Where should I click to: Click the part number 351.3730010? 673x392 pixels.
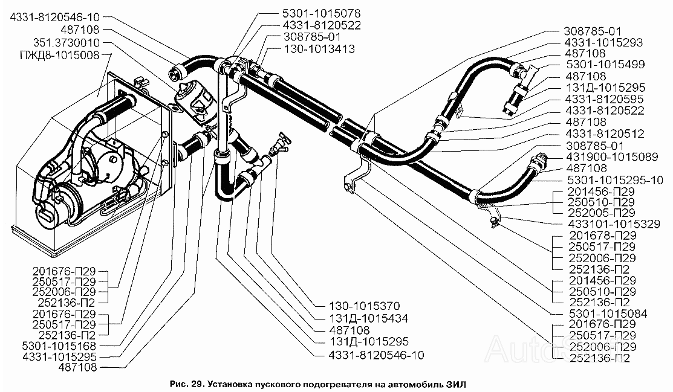click(x=66, y=43)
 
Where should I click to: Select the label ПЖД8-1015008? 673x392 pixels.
click(x=60, y=56)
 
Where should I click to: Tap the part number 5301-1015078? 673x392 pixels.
click(x=322, y=14)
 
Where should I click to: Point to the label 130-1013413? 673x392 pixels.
click(x=319, y=49)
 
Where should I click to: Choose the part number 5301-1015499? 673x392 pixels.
click(x=606, y=65)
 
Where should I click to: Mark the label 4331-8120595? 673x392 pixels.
click(x=605, y=99)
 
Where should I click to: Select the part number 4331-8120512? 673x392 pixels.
click(x=605, y=134)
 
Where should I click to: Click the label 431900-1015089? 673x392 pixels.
click(x=611, y=157)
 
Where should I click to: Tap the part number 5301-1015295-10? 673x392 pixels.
click(x=614, y=180)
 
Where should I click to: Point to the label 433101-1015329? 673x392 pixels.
click(x=614, y=224)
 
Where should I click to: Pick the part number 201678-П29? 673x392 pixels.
click(x=603, y=236)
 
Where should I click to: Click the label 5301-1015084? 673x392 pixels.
click(x=608, y=313)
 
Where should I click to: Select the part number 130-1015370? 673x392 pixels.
click(x=364, y=306)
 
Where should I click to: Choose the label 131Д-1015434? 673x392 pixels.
click(x=368, y=319)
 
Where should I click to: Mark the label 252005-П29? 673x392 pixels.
click(x=601, y=213)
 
